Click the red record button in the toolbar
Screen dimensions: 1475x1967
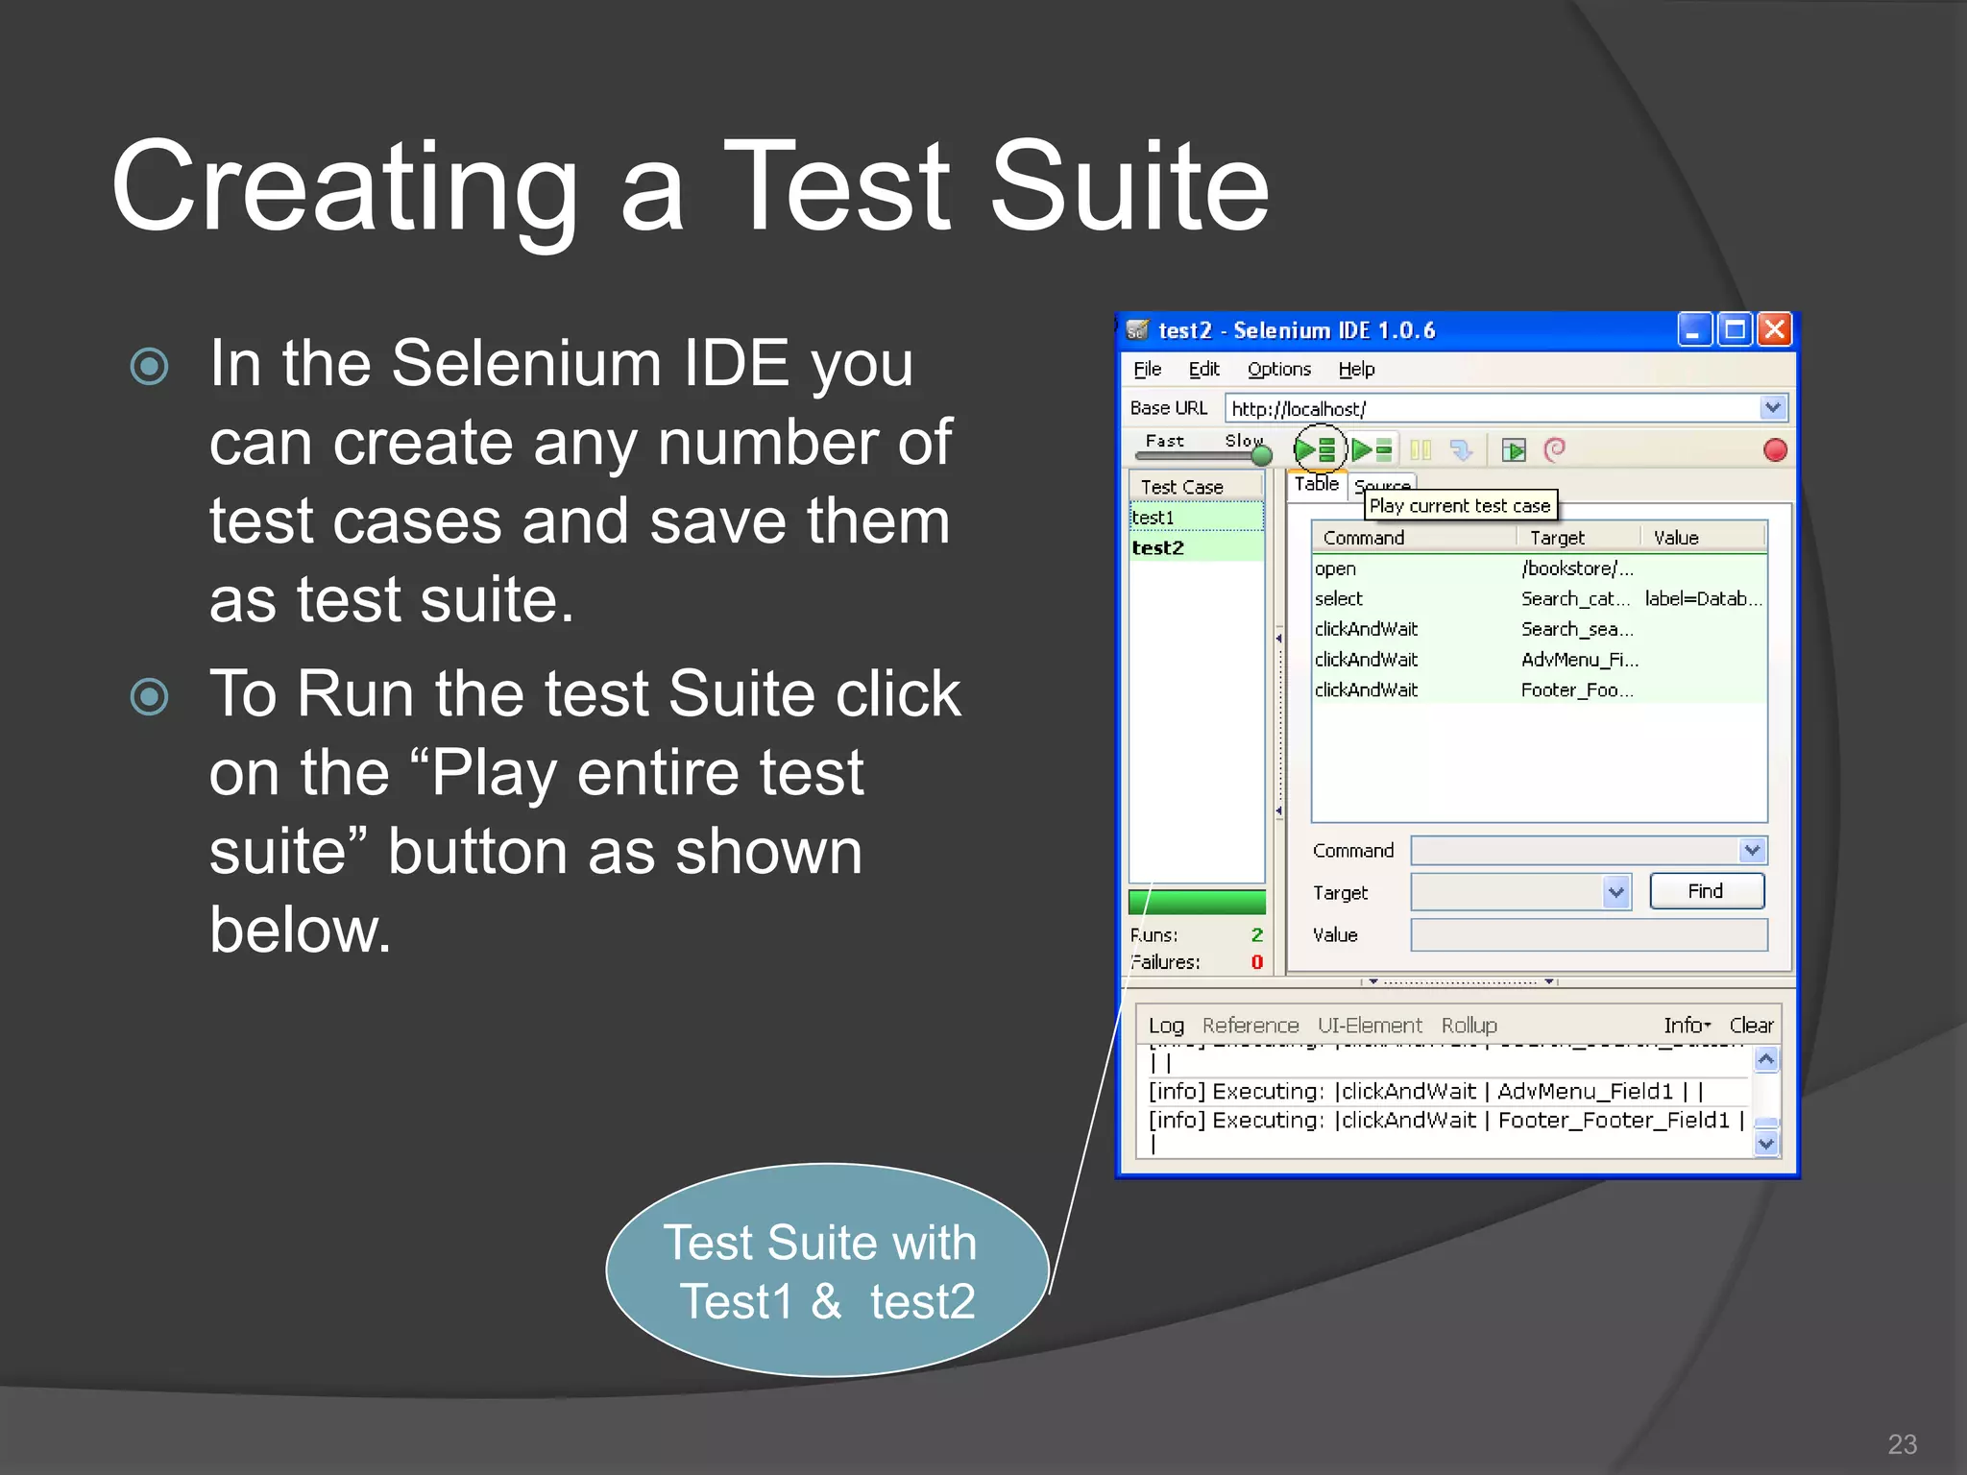click(1775, 450)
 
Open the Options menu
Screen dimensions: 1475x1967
click(1278, 370)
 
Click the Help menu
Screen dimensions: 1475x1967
click(1356, 370)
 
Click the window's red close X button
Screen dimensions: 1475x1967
click(1775, 330)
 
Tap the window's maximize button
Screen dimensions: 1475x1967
click(1735, 330)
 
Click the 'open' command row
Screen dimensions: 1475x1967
click(1335, 568)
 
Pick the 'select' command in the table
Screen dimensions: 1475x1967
click(1339, 599)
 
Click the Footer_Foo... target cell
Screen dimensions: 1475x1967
click(1576, 690)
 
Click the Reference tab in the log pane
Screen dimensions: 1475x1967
click(1250, 1026)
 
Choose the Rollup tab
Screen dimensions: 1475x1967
click(1469, 1026)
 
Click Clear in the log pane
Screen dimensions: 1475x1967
click(1751, 1026)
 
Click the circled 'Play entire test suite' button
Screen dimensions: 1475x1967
click(1317, 449)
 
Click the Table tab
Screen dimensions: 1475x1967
click(1316, 484)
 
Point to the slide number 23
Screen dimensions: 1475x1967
click(1902, 1444)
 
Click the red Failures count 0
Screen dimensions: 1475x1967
click(1256, 962)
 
